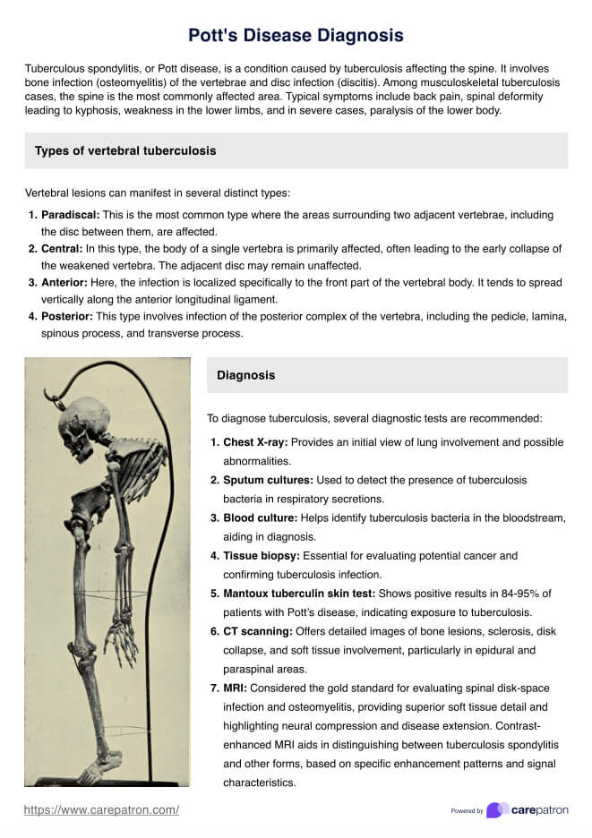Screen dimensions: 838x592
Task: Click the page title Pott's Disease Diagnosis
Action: click(x=296, y=35)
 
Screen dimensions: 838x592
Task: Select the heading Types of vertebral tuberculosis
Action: click(x=124, y=151)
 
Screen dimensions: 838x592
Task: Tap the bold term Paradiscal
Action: click(x=70, y=216)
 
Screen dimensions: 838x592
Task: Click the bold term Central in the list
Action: click(x=62, y=249)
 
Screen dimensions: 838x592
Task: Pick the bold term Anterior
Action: click(x=65, y=283)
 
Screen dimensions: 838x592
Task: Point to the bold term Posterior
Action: click(x=68, y=317)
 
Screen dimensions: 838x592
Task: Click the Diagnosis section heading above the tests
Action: click(x=245, y=376)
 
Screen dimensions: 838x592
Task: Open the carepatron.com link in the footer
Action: click(x=101, y=810)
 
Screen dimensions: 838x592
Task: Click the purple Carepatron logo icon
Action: click(x=497, y=810)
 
